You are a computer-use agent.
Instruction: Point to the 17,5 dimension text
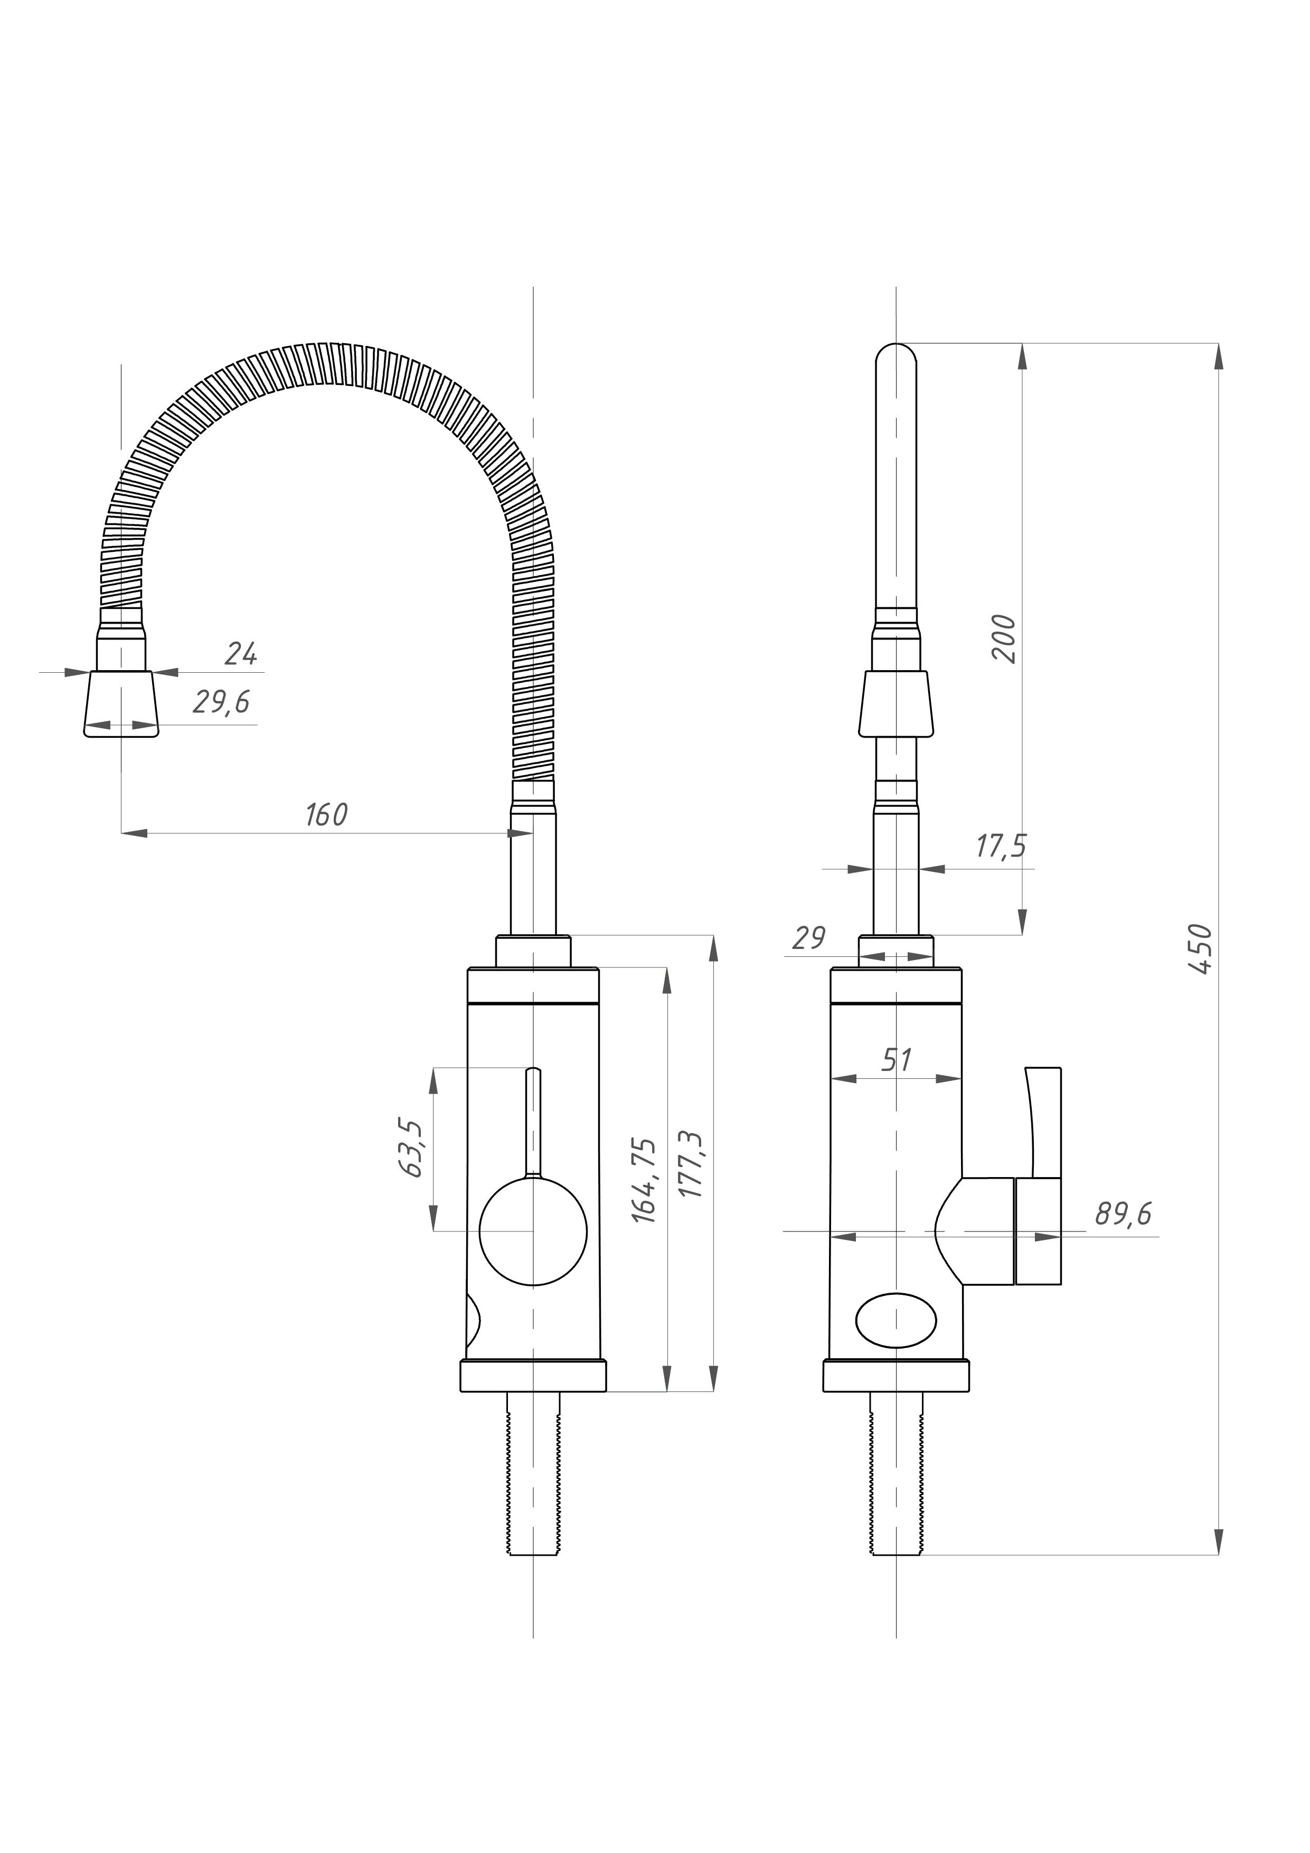tap(1001, 846)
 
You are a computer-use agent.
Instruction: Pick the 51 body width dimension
tap(896, 1060)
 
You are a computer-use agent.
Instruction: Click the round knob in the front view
tap(533, 1231)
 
